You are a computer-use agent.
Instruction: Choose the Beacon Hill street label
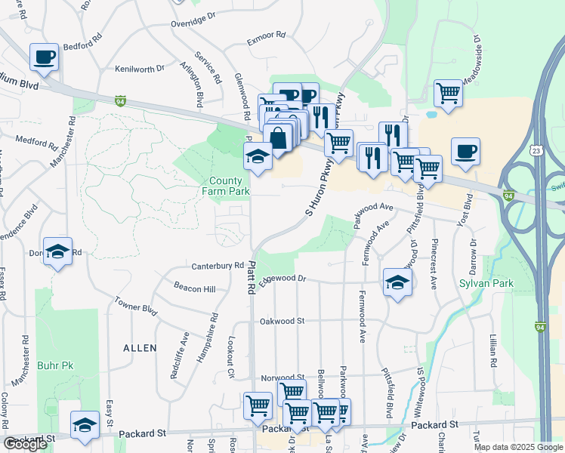(x=194, y=289)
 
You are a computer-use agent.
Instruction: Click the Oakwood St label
(x=281, y=321)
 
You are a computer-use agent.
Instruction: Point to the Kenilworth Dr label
(x=140, y=69)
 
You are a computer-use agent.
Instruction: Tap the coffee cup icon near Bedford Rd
(x=45, y=57)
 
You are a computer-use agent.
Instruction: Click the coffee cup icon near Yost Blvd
(x=465, y=150)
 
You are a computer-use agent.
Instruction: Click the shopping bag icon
(x=278, y=138)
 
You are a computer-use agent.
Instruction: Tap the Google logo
(x=26, y=444)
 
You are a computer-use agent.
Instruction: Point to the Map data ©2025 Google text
(x=518, y=447)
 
